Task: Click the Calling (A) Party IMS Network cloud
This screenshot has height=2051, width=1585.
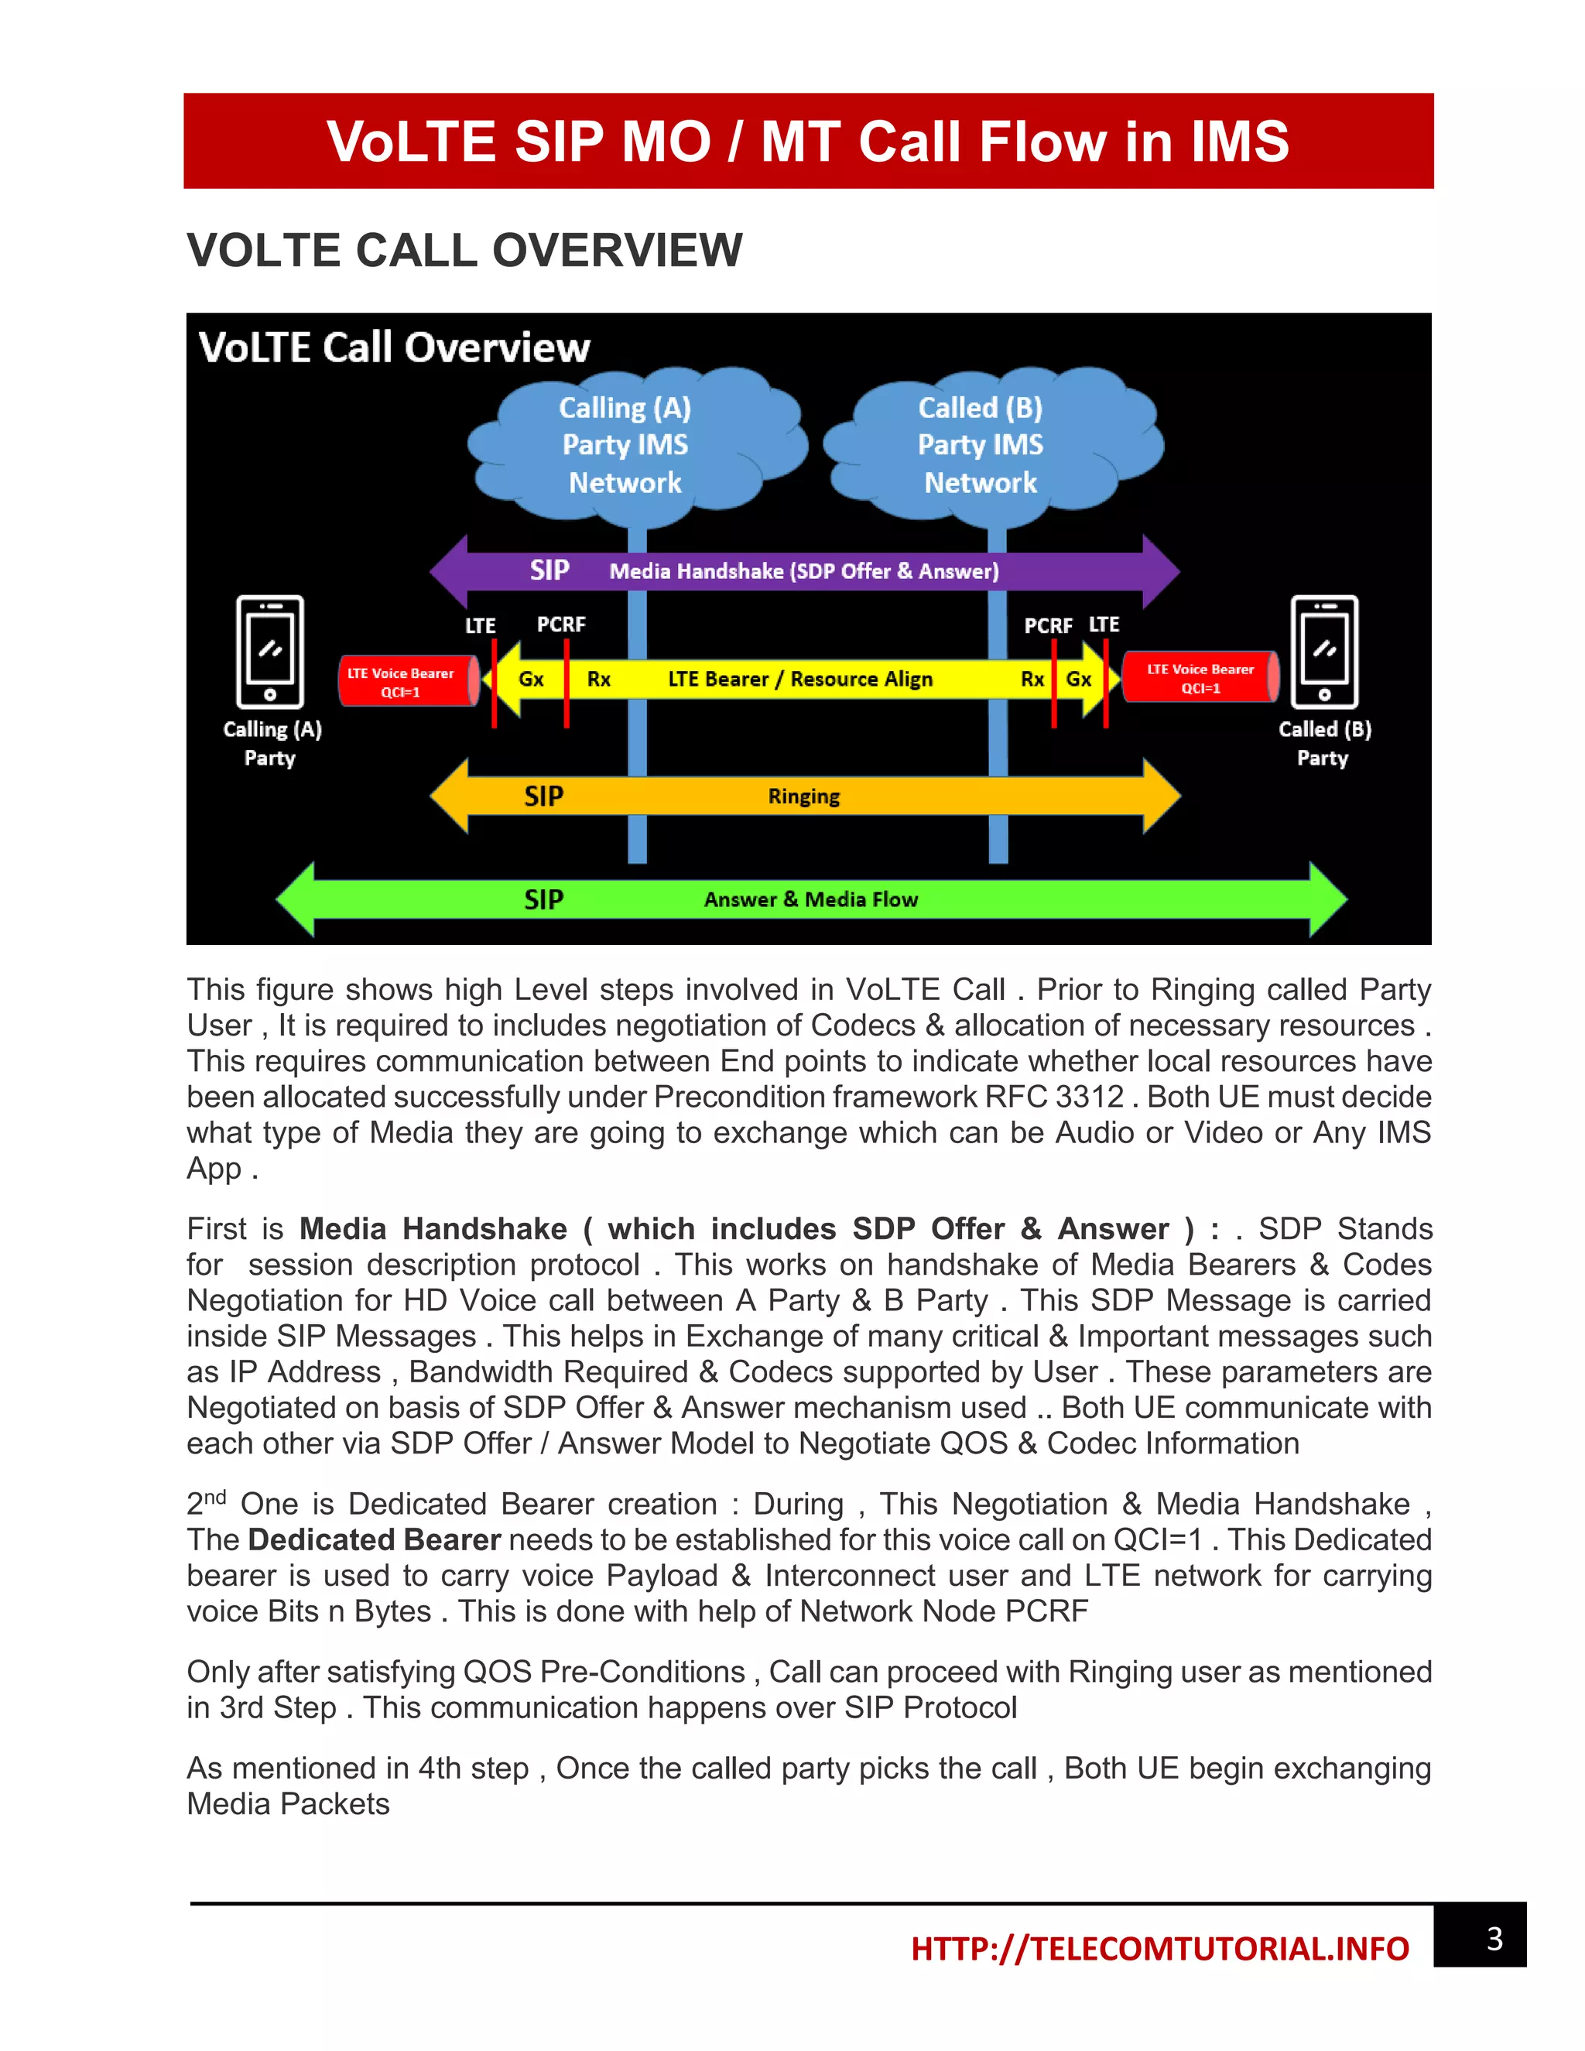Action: pyautogui.click(x=625, y=444)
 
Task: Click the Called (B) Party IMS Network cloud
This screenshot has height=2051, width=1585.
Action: pyautogui.click(x=981, y=444)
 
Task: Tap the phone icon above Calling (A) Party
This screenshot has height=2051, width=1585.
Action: pyautogui.click(x=269, y=652)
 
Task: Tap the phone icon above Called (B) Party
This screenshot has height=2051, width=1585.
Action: pyautogui.click(x=1324, y=652)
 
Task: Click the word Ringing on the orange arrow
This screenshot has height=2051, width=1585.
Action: pyautogui.click(x=804, y=796)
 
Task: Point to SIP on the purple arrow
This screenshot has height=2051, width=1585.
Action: pyautogui.click(x=549, y=570)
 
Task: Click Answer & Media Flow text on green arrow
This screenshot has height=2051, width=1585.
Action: pyautogui.click(x=810, y=899)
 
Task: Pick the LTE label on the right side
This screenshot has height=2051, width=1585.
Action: pyautogui.click(x=1104, y=625)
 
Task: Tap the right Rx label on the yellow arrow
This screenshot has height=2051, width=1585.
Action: pyautogui.click(x=1032, y=679)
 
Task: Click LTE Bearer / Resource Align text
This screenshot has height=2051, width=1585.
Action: pyautogui.click(x=800, y=679)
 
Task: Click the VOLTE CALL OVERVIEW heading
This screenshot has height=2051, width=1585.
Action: pyautogui.click(x=465, y=251)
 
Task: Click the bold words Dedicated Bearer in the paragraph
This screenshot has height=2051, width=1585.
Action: pyautogui.click(x=374, y=1540)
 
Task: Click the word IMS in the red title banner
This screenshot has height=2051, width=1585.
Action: pyautogui.click(x=1240, y=142)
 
